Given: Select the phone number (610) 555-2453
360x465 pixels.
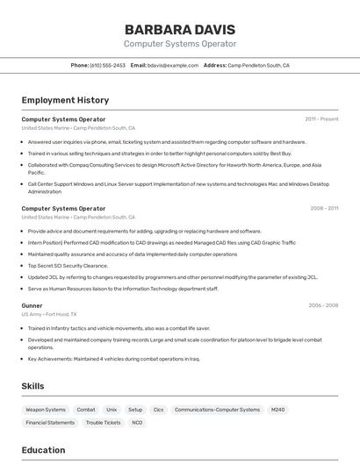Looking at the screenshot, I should (107, 65).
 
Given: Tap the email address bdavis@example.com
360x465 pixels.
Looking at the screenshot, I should (172, 65).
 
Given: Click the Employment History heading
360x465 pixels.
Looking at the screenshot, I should (65, 100).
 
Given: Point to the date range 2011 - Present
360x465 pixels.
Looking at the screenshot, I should (321, 119).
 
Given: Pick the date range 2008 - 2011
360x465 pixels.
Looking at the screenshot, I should (324, 209).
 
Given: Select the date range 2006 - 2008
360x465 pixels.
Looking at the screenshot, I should (323, 305).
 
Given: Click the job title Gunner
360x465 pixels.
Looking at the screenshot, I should (32, 305).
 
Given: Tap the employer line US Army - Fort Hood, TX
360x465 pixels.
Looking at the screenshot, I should (49, 314).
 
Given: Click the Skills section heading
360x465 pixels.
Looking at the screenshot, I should (32, 385).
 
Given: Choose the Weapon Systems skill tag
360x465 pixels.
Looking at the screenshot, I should (46, 410).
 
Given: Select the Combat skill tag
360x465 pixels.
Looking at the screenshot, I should (86, 410).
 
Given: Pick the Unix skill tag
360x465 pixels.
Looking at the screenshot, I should (112, 410).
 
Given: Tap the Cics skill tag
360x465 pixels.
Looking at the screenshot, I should (158, 410).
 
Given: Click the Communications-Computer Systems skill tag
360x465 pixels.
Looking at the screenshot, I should (217, 410).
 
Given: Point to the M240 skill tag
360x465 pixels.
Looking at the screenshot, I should (277, 410).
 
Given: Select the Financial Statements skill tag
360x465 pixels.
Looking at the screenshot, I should (50, 423).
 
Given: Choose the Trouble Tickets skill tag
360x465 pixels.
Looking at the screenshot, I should (103, 423).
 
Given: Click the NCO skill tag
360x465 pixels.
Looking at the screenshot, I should (137, 423).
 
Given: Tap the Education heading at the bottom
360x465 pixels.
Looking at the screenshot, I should (43, 450).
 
